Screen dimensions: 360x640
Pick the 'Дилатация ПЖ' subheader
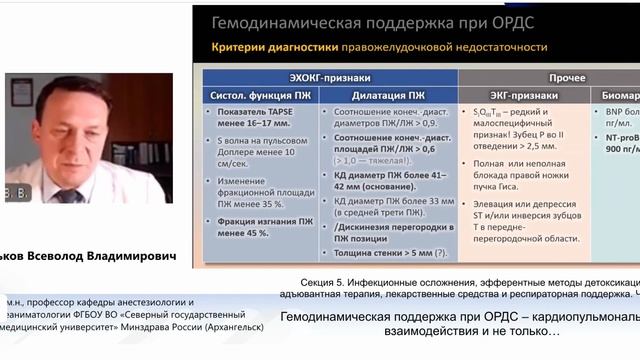(x=389, y=96)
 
